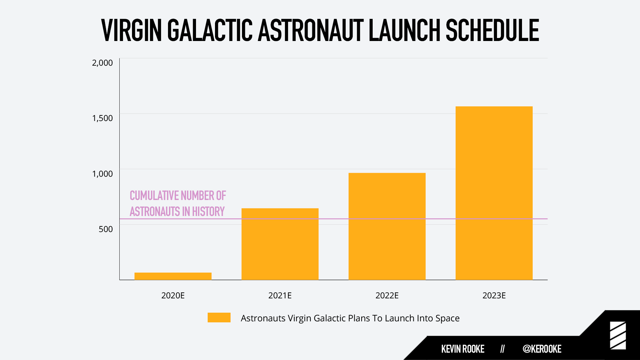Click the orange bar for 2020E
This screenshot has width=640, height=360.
pos(173,276)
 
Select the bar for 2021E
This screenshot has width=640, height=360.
pos(280,244)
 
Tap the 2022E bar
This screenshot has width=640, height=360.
pos(387,226)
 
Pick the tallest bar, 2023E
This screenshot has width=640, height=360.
pos(494,193)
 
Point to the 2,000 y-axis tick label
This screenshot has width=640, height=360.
pos(102,63)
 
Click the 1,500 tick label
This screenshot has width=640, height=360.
pos(102,118)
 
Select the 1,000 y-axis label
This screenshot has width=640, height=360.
pos(102,174)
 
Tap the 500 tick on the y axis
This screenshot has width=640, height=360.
pos(106,229)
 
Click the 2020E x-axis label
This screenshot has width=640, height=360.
pos(173,295)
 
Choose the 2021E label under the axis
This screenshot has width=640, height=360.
pos(280,295)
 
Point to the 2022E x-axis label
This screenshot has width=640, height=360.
pos(387,295)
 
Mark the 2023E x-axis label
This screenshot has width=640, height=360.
pos(494,295)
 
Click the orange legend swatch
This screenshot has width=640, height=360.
pos(219,317)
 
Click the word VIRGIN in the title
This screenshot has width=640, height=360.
pos(132,30)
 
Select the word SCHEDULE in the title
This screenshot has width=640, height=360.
pos(492,30)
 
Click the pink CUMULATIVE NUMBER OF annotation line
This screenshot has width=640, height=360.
pos(178,196)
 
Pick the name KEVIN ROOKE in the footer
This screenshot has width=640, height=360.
pos(463,349)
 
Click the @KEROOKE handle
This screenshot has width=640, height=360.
pos(542,349)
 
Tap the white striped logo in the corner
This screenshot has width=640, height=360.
pos(618,336)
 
